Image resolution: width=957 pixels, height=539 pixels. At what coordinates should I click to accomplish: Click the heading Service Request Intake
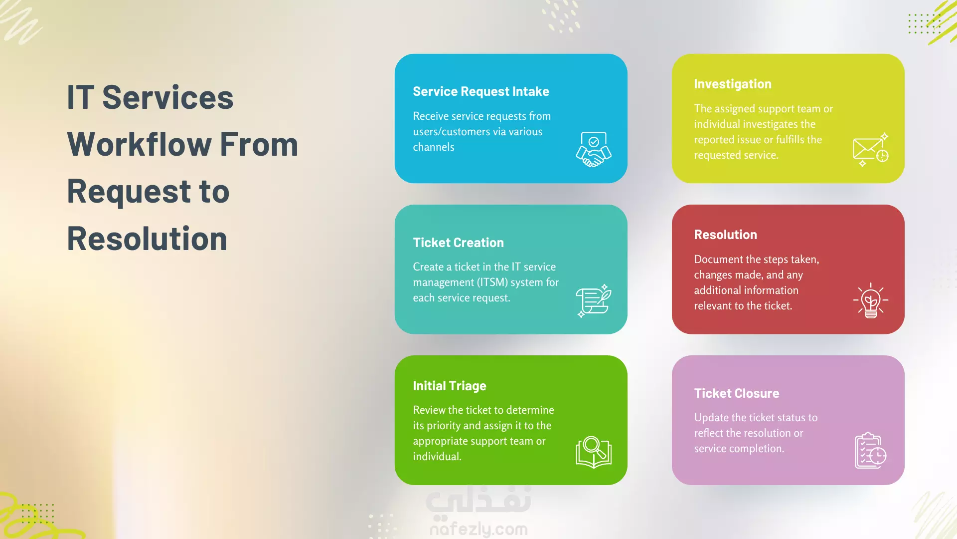click(481, 91)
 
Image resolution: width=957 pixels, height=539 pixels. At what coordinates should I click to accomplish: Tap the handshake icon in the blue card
click(594, 149)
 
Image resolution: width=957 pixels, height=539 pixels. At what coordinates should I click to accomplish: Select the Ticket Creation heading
click(458, 243)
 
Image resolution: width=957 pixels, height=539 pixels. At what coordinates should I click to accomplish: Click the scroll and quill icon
click(594, 300)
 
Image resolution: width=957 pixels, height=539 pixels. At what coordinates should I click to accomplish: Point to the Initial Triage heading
click(449, 386)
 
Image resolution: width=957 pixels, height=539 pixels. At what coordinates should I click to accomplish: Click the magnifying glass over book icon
click(594, 452)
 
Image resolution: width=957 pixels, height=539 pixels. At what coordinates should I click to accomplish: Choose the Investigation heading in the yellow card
click(732, 84)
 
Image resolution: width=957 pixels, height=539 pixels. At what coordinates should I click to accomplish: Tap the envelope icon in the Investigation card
click(870, 150)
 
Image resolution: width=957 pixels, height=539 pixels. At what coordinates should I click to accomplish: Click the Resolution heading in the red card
click(725, 235)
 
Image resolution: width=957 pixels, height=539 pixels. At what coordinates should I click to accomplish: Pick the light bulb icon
click(870, 300)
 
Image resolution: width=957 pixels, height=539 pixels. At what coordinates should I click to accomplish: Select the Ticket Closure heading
click(736, 393)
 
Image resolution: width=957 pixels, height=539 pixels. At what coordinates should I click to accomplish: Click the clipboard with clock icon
click(870, 451)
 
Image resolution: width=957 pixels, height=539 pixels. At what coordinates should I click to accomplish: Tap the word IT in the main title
click(80, 97)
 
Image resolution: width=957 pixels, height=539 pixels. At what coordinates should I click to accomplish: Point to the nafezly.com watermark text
click(478, 529)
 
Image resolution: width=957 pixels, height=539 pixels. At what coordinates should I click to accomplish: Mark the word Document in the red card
click(716, 260)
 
